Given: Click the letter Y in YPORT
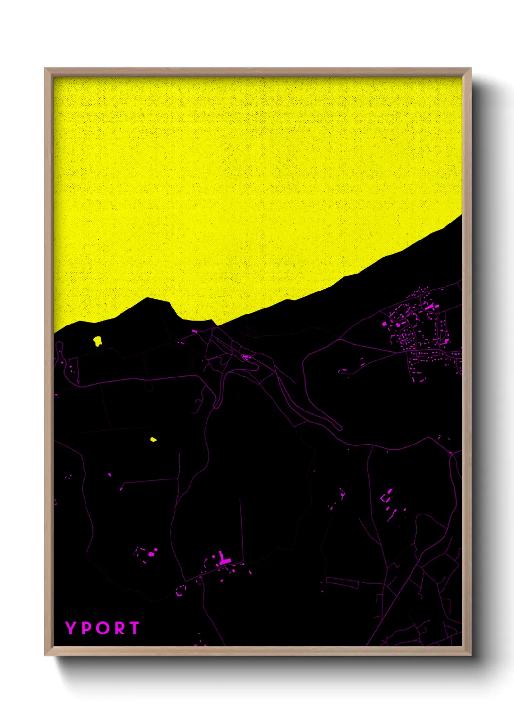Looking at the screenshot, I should (x=71, y=628).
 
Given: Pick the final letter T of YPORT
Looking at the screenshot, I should (x=134, y=628).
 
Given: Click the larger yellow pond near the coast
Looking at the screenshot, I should (x=97, y=341).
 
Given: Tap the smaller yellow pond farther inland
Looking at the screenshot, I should (x=153, y=440).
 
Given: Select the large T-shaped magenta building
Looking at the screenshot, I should (x=223, y=559).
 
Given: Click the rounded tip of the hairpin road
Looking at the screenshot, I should (x=339, y=428).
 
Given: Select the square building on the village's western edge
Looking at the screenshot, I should (x=384, y=324).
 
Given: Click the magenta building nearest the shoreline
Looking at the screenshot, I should (x=195, y=331).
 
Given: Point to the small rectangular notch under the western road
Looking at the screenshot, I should (x=149, y=387).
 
